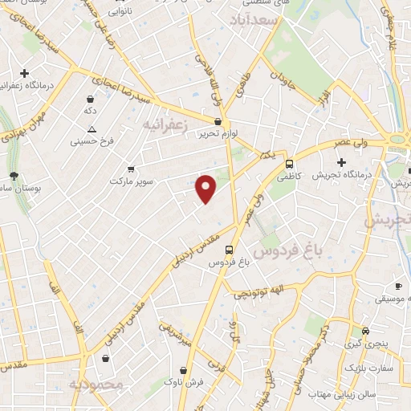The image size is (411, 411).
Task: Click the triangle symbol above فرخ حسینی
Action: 92,129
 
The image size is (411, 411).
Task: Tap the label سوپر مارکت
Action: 138,181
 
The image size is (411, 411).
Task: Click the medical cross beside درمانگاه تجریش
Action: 342,162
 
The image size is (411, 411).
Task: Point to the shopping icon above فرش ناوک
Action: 185,372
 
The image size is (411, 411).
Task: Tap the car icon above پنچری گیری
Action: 366,331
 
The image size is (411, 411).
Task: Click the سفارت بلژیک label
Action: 368,367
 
